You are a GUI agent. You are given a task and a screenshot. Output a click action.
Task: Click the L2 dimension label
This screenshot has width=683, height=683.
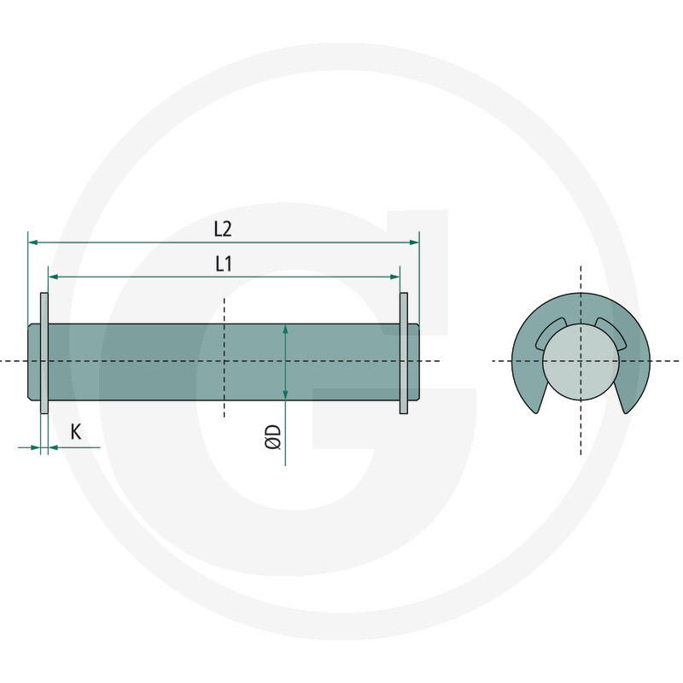(223, 229)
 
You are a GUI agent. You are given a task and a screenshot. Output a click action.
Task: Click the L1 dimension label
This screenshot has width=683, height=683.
(224, 264)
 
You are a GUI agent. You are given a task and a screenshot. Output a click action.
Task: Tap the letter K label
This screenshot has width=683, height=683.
(76, 432)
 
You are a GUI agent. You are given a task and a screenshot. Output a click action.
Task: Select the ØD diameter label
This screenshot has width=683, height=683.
(273, 437)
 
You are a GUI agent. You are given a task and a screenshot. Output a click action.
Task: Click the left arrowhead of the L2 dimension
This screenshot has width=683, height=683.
(32, 242)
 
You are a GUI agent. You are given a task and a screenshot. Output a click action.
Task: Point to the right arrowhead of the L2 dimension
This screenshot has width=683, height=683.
(414, 242)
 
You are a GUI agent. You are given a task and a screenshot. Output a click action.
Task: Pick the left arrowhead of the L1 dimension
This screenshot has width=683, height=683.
(53, 277)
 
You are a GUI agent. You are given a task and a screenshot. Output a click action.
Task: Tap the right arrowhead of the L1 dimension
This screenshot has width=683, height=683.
(394, 277)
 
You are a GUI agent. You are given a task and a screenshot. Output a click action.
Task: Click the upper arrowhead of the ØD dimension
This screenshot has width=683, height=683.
(285, 329)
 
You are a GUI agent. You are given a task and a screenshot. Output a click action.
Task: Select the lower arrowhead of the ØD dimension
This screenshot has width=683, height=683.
(285, 394)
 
